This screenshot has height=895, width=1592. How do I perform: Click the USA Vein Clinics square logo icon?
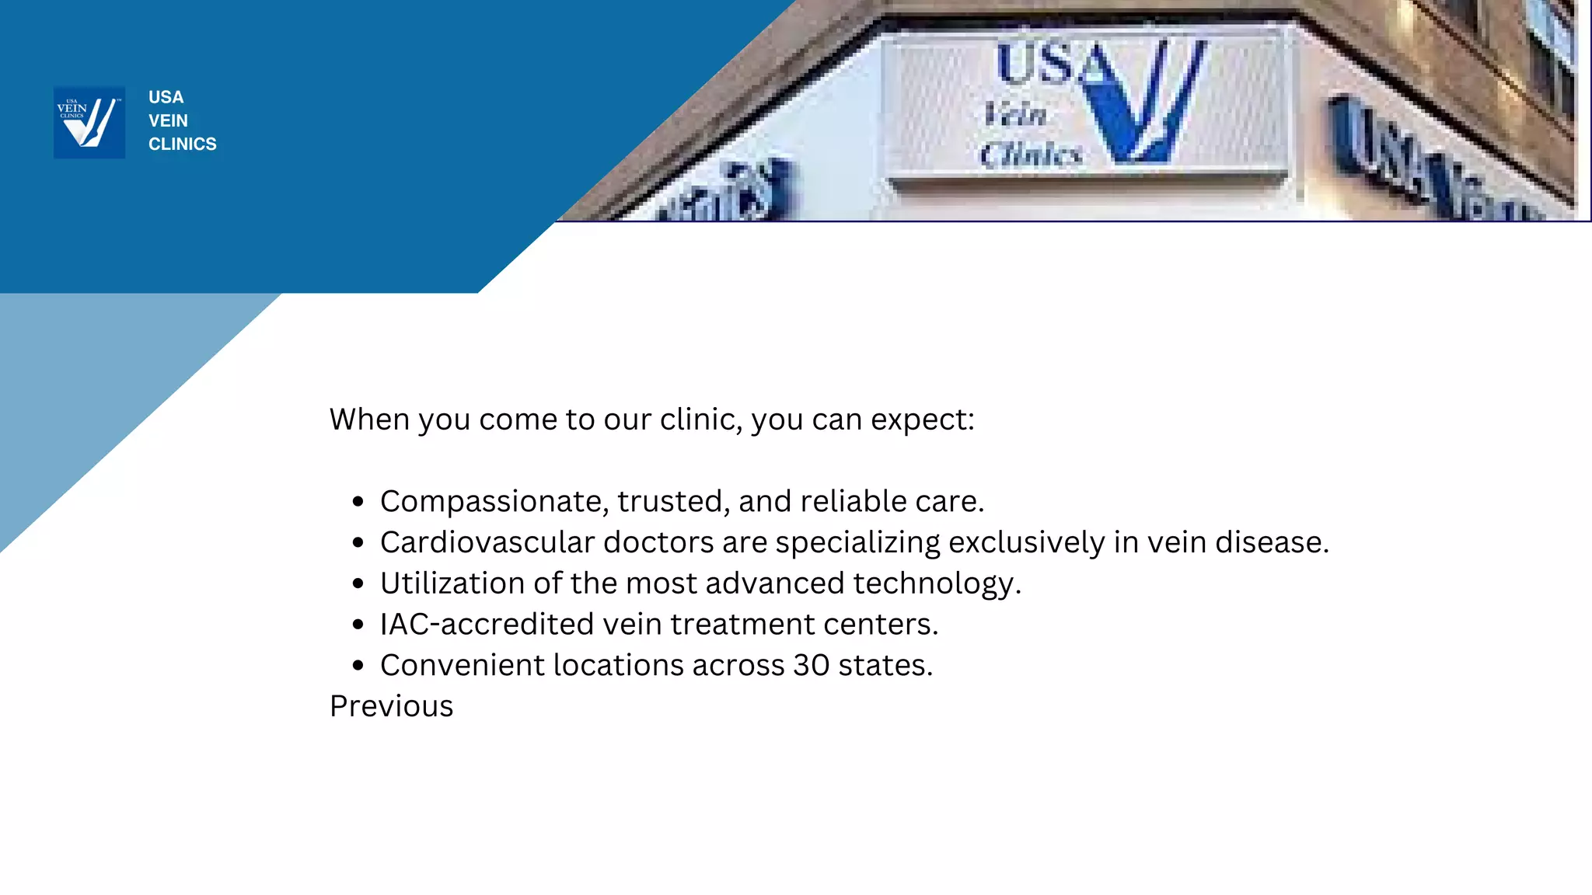point(89,122)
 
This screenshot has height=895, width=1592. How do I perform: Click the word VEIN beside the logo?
point(168,120)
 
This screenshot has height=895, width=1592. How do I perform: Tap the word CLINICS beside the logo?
point(183,144)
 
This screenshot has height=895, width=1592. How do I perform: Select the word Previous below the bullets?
point(391,706)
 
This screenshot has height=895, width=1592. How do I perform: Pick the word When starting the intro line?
point(369,420)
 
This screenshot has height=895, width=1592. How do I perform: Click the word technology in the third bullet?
point(933,583)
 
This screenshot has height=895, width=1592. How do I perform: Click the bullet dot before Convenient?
point(358,665)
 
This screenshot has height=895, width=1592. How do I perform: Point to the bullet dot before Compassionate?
point(358,502)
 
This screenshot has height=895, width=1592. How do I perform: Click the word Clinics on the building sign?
point(1030,154)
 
